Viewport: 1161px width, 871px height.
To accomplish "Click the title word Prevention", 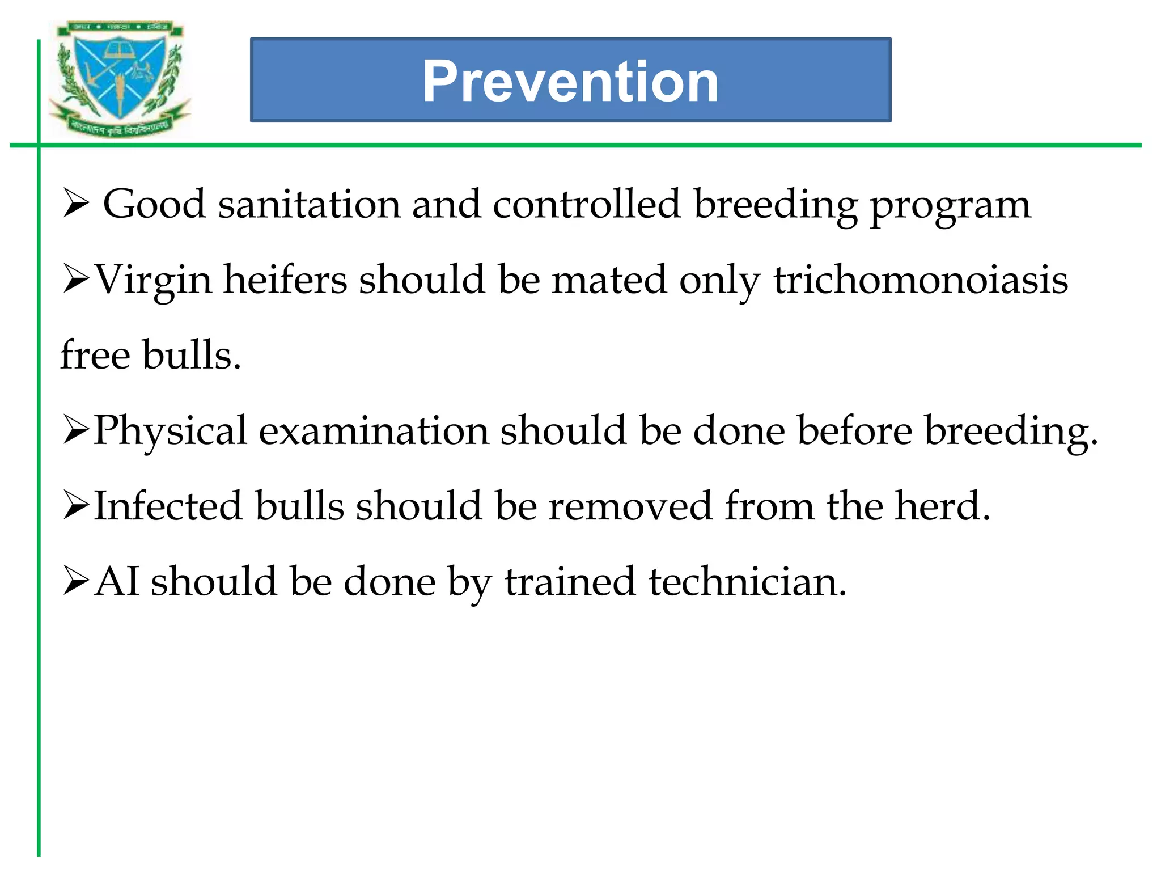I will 570,81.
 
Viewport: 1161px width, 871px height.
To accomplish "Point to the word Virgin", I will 153,281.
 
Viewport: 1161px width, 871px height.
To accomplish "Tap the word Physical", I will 170,431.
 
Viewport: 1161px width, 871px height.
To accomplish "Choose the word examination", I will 374,430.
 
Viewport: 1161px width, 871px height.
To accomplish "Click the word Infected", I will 168,506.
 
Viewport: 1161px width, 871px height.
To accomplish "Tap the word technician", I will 747,582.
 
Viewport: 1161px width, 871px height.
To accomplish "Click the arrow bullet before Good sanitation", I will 76,204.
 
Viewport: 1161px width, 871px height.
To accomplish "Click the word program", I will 950,206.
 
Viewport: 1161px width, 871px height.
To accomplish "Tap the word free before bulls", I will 95,355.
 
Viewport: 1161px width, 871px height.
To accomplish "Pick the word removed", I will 630,506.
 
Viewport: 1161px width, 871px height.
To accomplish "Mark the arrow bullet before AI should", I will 76,581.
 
